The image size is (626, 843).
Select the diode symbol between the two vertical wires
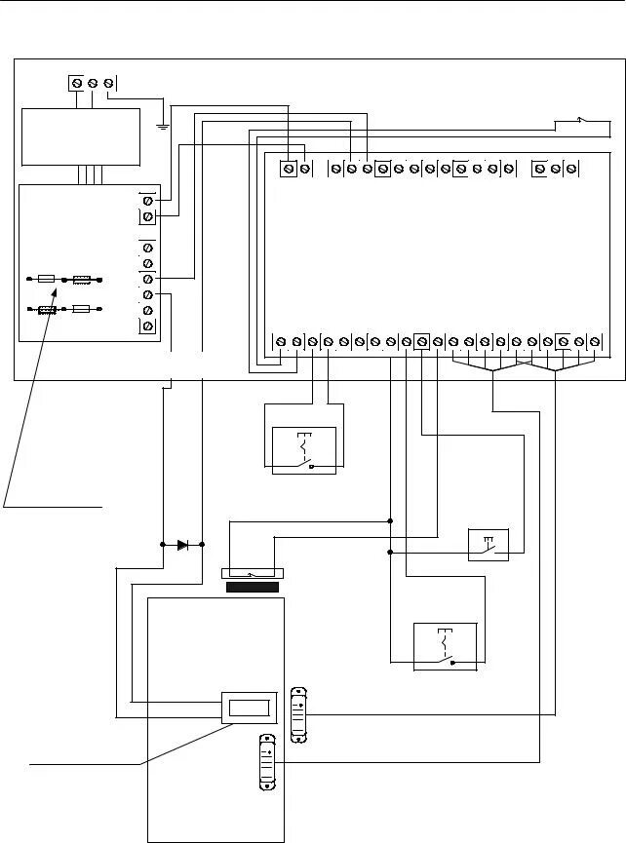[x=182, y=545]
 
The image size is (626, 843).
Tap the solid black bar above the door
[x=254, y=588]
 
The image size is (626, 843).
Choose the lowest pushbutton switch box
[x=446, y=645]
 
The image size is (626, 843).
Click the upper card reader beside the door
[x=300, y=713]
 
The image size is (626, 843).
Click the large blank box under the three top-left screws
[x=81, y=136]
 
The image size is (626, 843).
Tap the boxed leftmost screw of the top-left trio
[x=76, y=83]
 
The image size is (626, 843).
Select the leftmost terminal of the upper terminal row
[x=289, y=169]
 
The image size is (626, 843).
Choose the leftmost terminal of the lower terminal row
[x=281, y=341]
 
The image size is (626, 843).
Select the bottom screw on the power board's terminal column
[x=148, y=326]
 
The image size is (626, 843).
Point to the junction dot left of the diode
[x=162, y=545]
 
